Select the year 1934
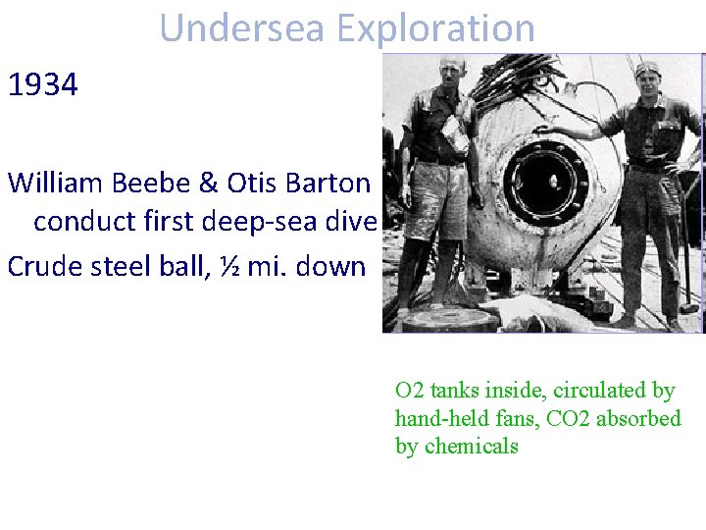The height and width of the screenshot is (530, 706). point(43,85)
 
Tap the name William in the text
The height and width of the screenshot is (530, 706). point(60,183)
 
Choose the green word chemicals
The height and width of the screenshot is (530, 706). point(472,446)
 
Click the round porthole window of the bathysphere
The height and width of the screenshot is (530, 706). point(547,185)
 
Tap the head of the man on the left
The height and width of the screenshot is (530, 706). point(453,73)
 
